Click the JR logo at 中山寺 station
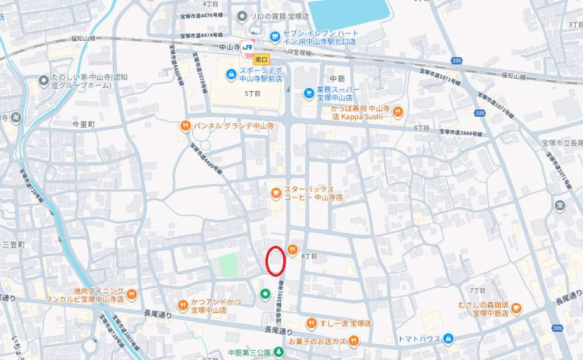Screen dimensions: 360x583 pos(248,47)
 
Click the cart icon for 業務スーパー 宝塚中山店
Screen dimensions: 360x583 pos(308,93)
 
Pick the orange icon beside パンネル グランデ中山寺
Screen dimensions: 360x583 pos(184,126)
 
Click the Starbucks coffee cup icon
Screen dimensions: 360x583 pos(275,193)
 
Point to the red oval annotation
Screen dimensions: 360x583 pos(276,260)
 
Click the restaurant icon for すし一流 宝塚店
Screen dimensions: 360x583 pos(310,323)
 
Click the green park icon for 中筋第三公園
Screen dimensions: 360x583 pos(279,352)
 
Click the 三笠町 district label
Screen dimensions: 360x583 pos(14,245)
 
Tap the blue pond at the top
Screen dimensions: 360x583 pos(349,12)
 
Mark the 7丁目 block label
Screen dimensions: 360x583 pos(477,290)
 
